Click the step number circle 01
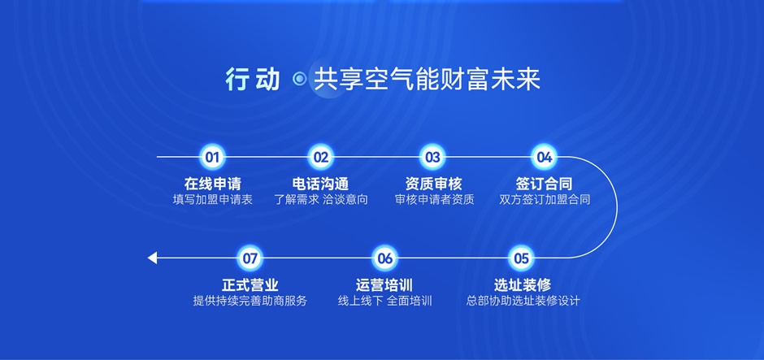(212, 157)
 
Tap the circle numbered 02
(320, 157)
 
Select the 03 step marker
(432, 157)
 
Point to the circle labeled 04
(544, 157)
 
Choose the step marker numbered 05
(521, 258)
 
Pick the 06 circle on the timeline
(385, 258)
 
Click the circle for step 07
(250, 258)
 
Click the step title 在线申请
(212, 184)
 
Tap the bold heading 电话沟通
(320, 184)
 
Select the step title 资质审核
(433, 184)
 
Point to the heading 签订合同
(544, 184)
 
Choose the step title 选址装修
(523, 284)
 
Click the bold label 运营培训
(384, 284)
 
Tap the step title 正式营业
(250, 284)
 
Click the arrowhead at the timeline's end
(152, 258)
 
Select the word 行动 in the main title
(253, 80)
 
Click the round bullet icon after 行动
(300, 79)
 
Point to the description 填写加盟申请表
(212, 200)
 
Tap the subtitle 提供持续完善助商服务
(250, 301)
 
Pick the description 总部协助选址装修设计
(523, 301)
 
